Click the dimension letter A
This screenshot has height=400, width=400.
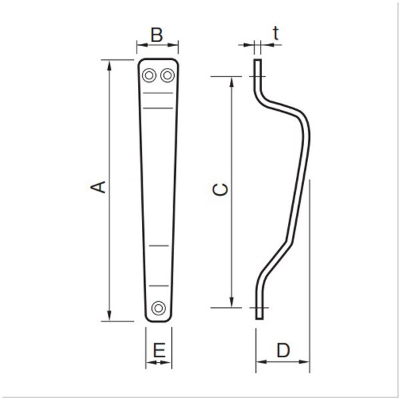98,187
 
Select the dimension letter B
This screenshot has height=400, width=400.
157,35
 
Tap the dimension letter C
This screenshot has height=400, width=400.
220,189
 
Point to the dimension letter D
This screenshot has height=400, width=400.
283,350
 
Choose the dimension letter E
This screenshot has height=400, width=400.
159,350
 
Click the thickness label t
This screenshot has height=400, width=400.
275,33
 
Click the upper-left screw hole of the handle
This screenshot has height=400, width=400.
149,75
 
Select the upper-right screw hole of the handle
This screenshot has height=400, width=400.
167,75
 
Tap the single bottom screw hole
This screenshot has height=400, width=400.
159,308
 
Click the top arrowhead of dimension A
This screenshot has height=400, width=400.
109,65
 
